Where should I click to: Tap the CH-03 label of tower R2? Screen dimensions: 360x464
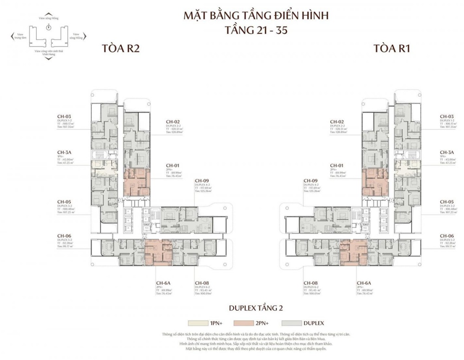click(64, 116)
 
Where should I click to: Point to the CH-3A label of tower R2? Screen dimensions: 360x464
click(64, 152)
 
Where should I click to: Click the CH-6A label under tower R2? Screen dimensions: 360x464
click(163, 283)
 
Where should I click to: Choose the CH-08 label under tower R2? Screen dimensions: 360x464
click(201, 283)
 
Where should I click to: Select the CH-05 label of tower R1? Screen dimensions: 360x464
click(447, 202)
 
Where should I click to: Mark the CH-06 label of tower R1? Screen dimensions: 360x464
click(447, 236)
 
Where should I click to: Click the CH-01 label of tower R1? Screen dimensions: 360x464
click(337, 165)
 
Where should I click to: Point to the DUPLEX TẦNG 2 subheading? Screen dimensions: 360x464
click(256, 308)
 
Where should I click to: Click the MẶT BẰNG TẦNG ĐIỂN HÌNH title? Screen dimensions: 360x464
click(256, 16)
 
